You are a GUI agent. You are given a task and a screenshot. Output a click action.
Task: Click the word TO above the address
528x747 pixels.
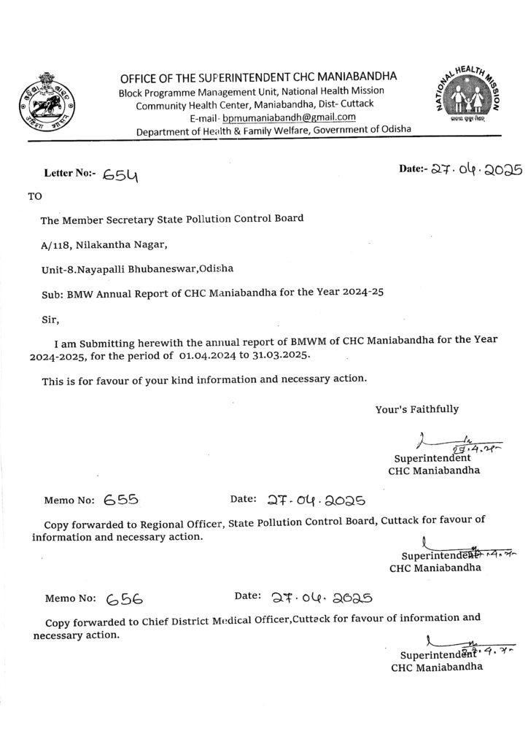pyautogui.click(x=35, y=196)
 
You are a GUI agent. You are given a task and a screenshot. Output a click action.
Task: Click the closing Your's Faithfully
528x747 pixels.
pyautogui.click(x=417, y=409)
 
